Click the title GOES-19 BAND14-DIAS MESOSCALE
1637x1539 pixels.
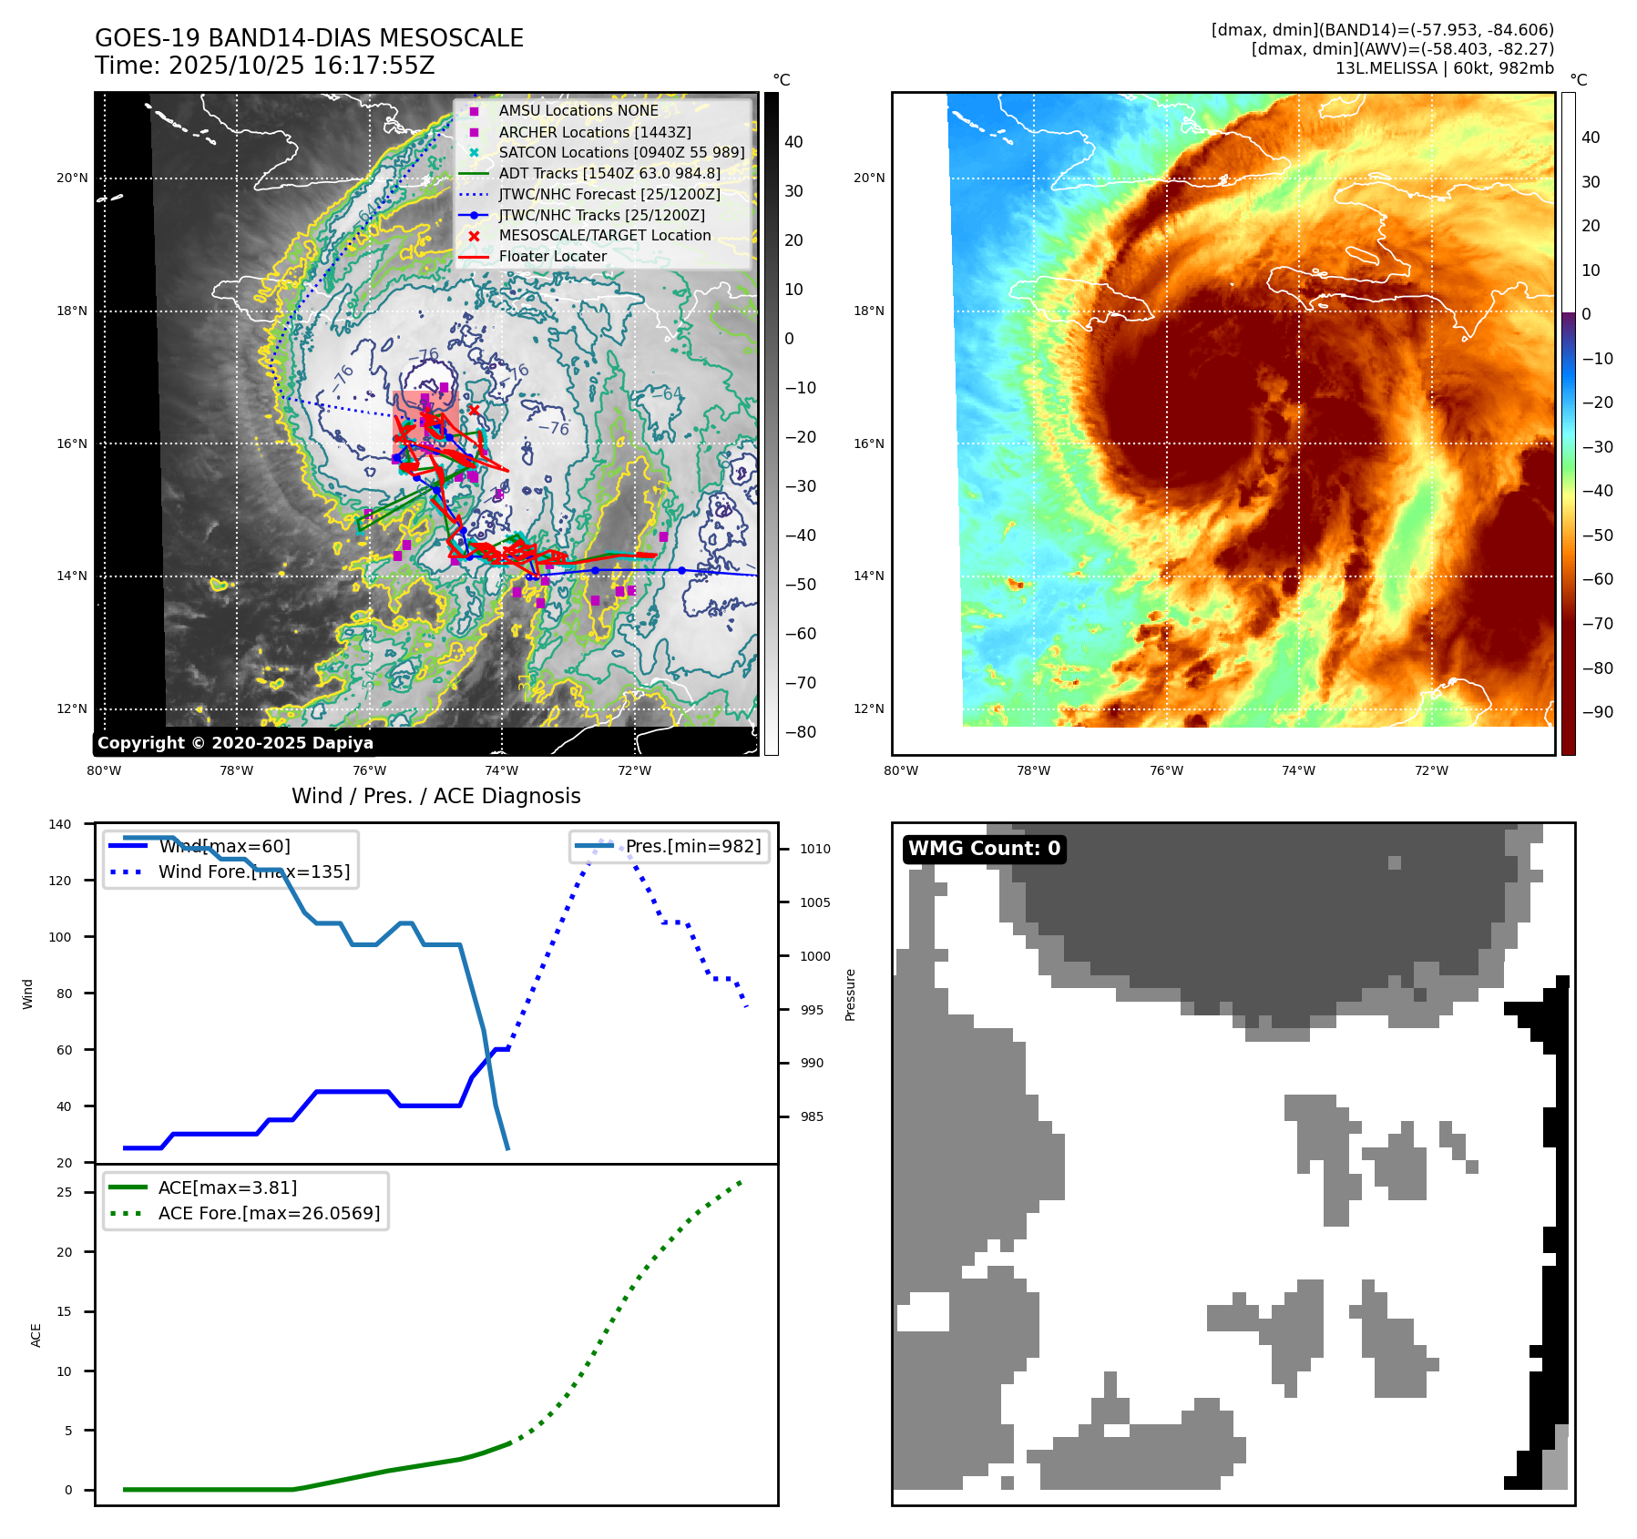[x=309, y=38]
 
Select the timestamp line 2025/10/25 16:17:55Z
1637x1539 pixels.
[x=264, y=66]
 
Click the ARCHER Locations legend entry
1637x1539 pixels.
[x=594, y=132]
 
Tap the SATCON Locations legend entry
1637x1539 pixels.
[x=620, y=153]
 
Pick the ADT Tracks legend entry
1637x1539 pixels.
[x=609, y=173]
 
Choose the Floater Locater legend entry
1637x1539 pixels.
[x=552, y=257]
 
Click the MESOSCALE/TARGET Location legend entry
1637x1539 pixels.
[x=604, y=236]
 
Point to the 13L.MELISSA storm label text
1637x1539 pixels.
[x=1444, y=68]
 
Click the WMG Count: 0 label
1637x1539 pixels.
[x=984, y=849]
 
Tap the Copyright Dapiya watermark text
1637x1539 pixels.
[x=235, y=743]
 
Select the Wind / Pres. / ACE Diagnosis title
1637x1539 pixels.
[x=435, y=796]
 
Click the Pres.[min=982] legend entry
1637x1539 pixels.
[x=692, y=846]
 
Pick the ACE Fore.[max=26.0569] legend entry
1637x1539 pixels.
[x=269, y=1213]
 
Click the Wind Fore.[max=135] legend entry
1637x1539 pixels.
[x=253, y=871]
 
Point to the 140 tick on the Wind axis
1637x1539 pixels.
[x=60, y=824]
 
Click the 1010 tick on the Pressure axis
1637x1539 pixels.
[x=815, y=849]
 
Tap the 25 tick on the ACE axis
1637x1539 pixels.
[x=65, y=1192]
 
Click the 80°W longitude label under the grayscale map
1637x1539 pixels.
[x=104, y=771]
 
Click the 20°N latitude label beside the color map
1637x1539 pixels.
[x=868, y=178]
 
